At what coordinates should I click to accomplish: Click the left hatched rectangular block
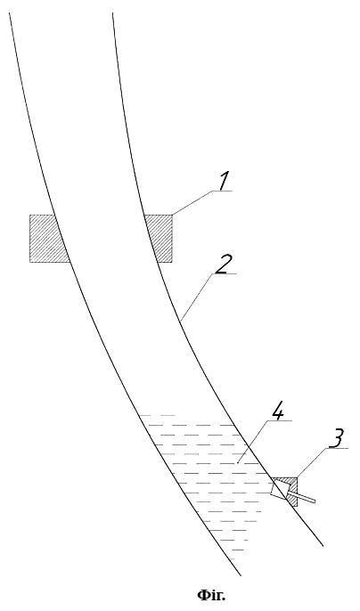(x=47, y=238)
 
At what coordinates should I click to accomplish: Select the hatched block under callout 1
(x=160, y=238)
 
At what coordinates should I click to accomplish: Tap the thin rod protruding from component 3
(x=301, y=497)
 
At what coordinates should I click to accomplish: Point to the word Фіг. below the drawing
(x=212, y=595)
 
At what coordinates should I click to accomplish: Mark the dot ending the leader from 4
(x=237, y=464)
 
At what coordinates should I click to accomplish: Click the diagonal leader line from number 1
(x=192, y=203)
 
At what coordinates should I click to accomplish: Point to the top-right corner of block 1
(x=172, y=215)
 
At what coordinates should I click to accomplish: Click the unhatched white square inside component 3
(x=280, y=489)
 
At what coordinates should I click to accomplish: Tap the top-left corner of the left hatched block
(x=29, y=215)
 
